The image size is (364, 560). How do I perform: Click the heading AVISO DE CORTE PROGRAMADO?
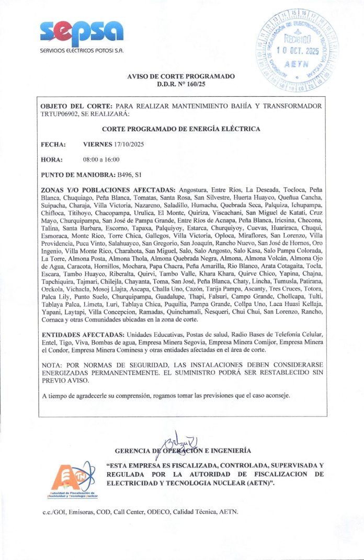click(x=181, y=76)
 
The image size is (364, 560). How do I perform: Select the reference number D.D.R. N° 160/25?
click(x=181, y=84)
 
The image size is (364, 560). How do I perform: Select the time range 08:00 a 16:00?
click(x=101, y=159)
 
